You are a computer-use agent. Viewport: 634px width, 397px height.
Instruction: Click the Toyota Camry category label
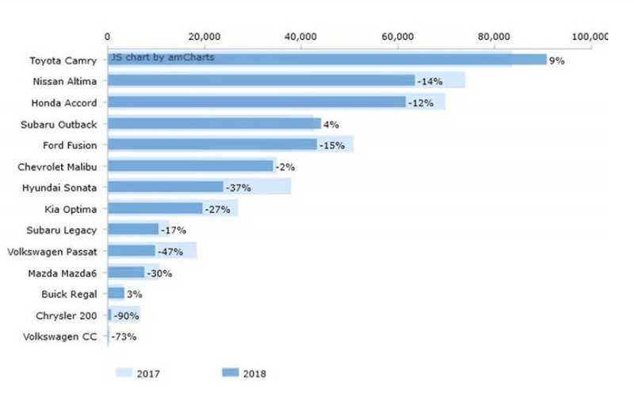coord(63,60)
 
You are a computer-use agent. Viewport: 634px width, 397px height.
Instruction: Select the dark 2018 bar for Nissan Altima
coord(262,81)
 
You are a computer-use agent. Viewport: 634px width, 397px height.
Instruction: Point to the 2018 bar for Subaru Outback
coord(214,124)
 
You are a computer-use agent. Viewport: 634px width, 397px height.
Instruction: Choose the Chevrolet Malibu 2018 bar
coord(190,167)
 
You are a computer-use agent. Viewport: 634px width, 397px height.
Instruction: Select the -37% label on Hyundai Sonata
coord(238,188)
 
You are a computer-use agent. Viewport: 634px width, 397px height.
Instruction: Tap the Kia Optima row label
coord(71,210)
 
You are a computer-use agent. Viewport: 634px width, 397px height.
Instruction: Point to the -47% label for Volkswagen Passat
coord(170,252)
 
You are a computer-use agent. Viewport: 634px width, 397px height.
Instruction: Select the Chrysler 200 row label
coord(68,316)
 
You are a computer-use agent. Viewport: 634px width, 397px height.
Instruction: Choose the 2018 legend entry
coord(246,372)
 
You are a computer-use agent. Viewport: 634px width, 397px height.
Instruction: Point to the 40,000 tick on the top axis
coord(301,37)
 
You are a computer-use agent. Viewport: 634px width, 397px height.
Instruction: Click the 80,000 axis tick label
coord(495,37)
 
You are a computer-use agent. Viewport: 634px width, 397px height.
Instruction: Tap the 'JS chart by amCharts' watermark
coord(162,57)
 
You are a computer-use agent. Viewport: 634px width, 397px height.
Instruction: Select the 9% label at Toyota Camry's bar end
coord(557,60)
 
